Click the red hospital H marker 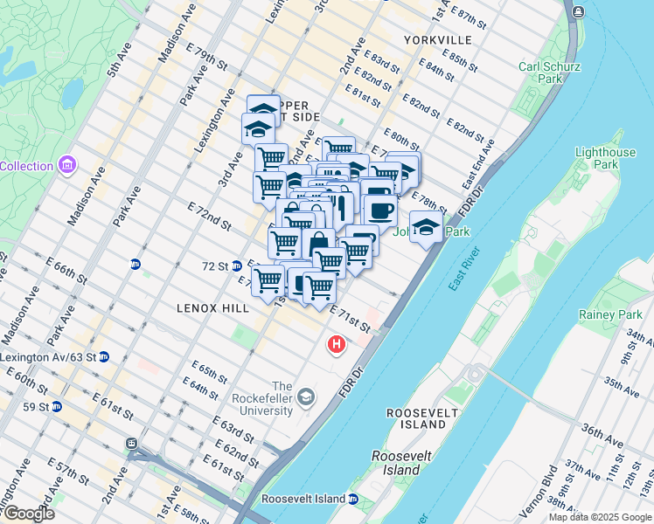click(x=336, y=346)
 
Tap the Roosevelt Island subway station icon click(x=353, y=499)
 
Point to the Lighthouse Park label click(x=605, y=158)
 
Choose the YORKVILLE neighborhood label click(x=438, y=40)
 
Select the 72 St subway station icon click(x=236, y=265)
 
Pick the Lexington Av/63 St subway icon click(x=104, y=357)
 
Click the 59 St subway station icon click(x=57, y=407)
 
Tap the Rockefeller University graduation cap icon click(x=305, y=398)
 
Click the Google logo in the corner click(x=29, y=514)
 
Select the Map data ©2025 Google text click(x=600, y=517)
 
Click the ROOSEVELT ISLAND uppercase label click(x=418, y=417)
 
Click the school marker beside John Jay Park click(x=425, y=227)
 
